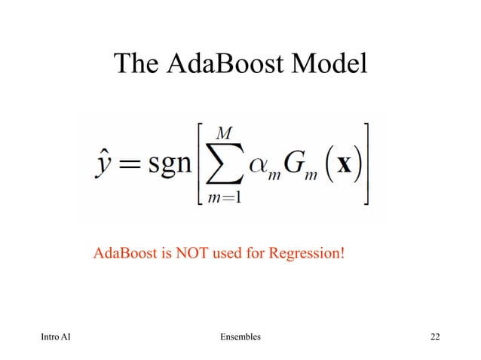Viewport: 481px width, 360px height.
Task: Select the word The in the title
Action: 136,65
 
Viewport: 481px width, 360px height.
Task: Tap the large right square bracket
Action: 366,163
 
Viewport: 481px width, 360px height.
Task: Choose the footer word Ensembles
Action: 238,336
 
